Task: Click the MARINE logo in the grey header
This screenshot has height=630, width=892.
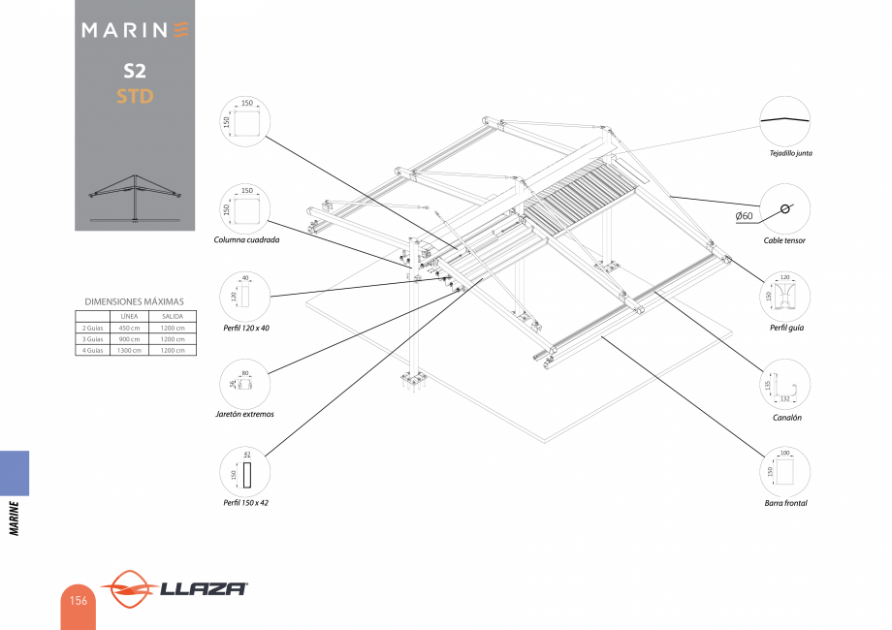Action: point(135,30)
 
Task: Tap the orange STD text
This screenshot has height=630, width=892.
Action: point(135,96)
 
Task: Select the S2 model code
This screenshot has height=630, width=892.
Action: point(135,71)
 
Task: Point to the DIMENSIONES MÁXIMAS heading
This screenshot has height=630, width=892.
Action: point(135,301)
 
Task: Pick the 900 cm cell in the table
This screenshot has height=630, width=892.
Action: point(130,339)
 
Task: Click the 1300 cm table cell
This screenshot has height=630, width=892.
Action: point(130,351)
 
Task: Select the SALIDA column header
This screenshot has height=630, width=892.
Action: point(174,317)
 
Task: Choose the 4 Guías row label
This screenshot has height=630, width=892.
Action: point(91,351)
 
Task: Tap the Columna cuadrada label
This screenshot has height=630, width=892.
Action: point(246,238)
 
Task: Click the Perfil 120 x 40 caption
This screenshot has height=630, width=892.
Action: point(246,328)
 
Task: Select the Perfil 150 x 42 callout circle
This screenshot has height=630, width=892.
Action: point(245,473)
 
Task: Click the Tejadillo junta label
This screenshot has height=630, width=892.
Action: point(784,153)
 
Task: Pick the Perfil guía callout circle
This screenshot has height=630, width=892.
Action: point(784,294)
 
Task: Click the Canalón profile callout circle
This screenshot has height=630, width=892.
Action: point(784,385)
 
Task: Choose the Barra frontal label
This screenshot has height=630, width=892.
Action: point(785,503)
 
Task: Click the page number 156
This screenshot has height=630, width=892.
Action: point(79,601)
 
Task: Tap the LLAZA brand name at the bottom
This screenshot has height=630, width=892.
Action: point(203,588)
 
